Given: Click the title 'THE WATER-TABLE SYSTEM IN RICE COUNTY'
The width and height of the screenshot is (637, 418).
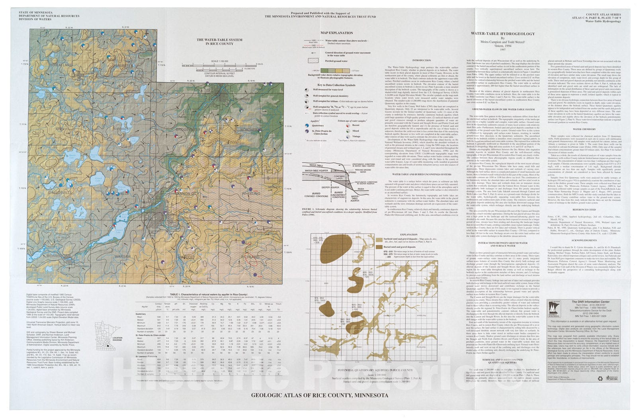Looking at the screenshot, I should tap(220, 42).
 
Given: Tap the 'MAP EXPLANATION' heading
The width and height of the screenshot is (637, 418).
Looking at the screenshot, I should tap(336, 33).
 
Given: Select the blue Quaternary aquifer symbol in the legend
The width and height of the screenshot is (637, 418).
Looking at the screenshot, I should tap(307, 125).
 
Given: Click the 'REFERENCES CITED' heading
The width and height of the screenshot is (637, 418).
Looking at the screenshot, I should tap(584, 209).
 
